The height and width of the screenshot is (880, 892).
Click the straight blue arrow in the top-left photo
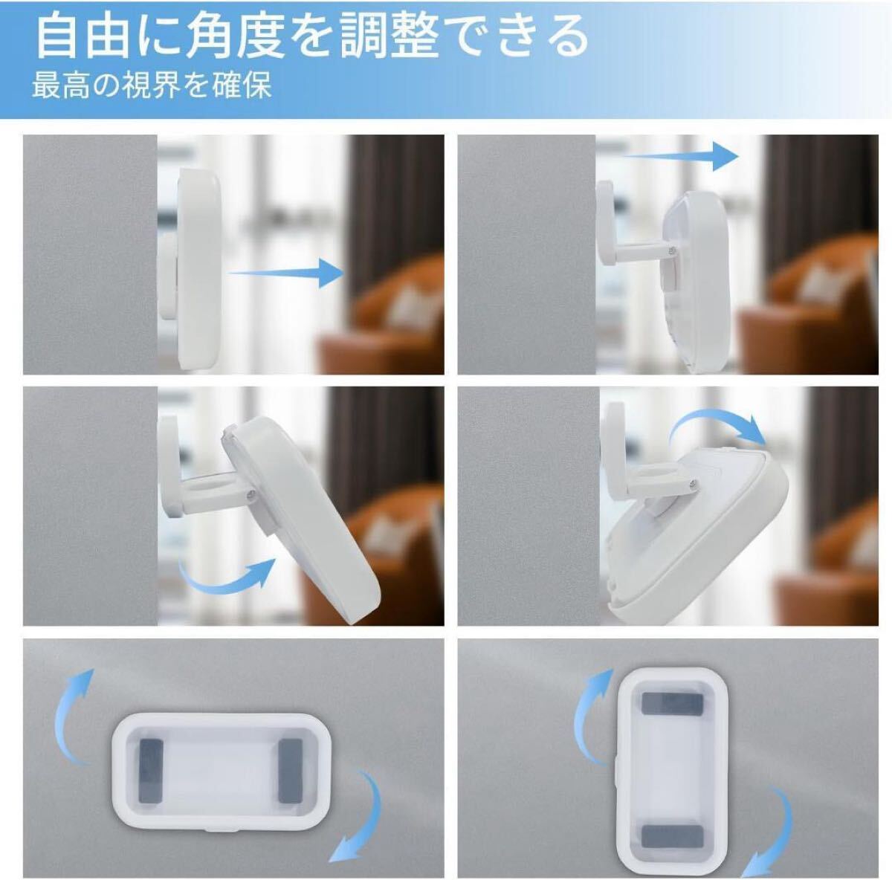tap(286, 273)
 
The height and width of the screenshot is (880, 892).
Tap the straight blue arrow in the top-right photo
tap(680, 156)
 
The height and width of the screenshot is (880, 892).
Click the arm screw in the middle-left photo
tap(250, 494)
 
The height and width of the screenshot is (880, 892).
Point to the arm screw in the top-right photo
tap(671, 250)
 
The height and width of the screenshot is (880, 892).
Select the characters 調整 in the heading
tap(388, 36)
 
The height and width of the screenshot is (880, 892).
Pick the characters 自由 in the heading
tap(83, 36)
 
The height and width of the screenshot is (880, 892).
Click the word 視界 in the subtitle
tap(148, 85)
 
